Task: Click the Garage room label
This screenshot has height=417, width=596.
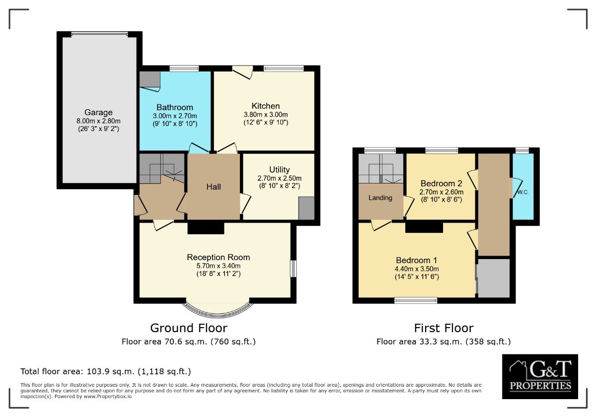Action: [x=98, y=112]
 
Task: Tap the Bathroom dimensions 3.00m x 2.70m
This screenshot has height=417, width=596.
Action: [x=175, y=116]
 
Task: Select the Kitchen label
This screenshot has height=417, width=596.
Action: [x=266, y=106]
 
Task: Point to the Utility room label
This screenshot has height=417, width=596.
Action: [x=279, y=170]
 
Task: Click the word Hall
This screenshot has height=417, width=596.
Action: [x=214, y=187]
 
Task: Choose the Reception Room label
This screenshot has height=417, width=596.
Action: [x=219, y=257]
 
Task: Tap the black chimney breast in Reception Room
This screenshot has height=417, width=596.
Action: [x=206, y=228]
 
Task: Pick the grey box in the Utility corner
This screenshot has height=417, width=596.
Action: [x=306, y=208]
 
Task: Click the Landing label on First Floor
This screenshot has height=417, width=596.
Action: [x=380, y=198]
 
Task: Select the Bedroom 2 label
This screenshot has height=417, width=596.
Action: [x=441, y=183]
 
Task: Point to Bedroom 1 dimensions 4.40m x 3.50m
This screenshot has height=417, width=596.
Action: [x=417, y=269]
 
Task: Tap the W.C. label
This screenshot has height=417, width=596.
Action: [x=523, y=192]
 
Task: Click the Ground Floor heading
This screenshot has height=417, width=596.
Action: [x=189, y=328]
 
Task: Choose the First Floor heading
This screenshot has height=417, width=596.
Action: [x=444, y=328]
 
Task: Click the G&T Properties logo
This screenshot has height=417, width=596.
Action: [x=540, y=376]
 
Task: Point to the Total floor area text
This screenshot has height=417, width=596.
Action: [x=106, y=371]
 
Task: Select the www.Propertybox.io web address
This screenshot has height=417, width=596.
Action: [x=107, y=397]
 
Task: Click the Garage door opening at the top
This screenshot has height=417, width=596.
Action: [x=99, y=34]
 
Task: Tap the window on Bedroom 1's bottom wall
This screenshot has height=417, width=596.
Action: [x=416, y=300]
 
